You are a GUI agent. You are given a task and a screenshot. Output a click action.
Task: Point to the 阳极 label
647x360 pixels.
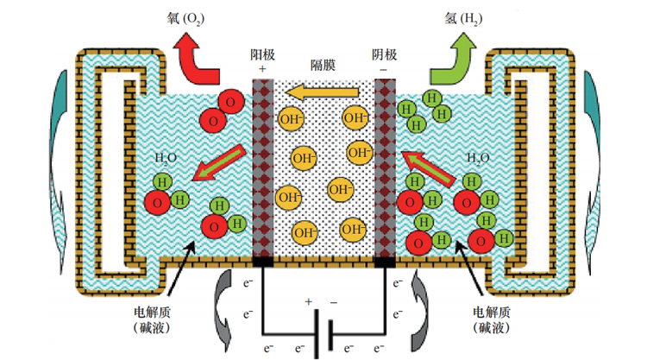(x=263, y=55)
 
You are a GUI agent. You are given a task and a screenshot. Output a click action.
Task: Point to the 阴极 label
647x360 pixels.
(x=384, y=55)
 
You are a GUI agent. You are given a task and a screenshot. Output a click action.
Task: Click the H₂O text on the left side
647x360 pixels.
(x=164, y=159)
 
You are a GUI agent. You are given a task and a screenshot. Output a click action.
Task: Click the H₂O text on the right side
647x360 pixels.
(x=476, y=159)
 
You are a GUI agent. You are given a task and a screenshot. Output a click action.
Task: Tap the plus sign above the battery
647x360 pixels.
(x=307, y=303)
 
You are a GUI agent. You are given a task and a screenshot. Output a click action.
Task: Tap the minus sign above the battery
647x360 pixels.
(x=335, y=303)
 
